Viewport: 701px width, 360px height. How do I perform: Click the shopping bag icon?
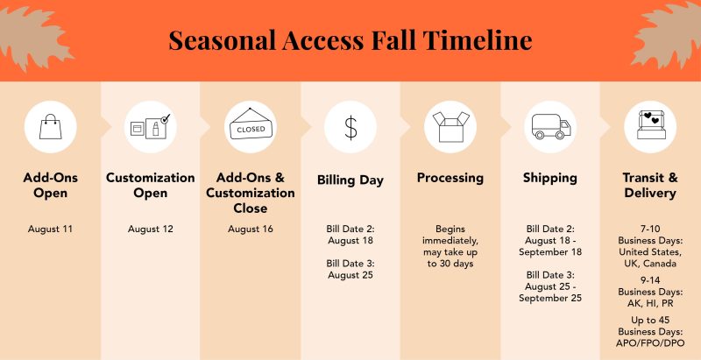51,126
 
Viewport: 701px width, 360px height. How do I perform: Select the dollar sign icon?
351,127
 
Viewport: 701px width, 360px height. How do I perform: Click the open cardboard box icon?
450,127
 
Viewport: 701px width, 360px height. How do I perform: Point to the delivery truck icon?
551,127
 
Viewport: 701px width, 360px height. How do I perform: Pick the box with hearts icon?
651,125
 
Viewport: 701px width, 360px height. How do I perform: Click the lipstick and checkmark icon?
150,126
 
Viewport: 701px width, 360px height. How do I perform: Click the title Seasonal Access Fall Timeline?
350,39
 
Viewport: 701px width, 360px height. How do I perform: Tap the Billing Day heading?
350,180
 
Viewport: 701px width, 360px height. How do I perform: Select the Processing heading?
450,178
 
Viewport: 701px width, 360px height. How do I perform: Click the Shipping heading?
550,178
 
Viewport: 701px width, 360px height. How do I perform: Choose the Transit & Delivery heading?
650,186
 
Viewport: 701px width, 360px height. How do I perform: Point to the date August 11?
50,229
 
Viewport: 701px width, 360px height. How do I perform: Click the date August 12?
150,229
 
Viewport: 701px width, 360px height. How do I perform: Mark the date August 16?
251,229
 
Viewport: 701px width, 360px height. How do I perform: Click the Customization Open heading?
150,186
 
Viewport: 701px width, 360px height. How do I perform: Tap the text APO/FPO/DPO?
650,343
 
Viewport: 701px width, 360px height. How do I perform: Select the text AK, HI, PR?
650,303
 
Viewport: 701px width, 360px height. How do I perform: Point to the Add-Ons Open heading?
51,186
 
